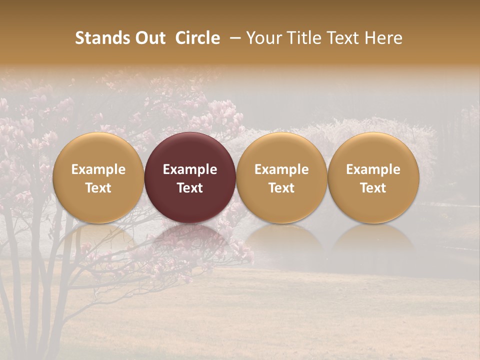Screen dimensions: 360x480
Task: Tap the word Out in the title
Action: pyautogui.click(x=149, y=38)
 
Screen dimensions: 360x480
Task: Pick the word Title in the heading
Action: pyautogui.click(x=304, y=38)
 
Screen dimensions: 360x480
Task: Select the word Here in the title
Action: pyautogui.click(x=383, y=38)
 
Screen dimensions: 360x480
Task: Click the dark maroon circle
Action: pyautogui.click(x=190, y=150)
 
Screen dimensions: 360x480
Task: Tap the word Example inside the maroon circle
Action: pyautogui.click(x=190, y=169)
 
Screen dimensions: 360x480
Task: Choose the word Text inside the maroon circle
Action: pyautogui.click(x=190, y=188)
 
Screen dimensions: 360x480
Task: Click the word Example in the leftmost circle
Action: pyautogui.click(x=98, y=169)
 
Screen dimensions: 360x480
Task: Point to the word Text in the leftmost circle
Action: pyautogui.click(x=98, y=188)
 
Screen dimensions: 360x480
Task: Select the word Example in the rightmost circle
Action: pyautogui.click(x=373, y=169)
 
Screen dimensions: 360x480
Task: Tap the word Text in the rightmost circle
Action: pyautogui.click(x=373, y=188)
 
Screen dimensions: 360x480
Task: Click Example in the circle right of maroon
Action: pyautogui.click(x=281, y=169)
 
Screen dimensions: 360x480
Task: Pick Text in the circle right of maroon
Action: pyautogui.click(x=281, y=188)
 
